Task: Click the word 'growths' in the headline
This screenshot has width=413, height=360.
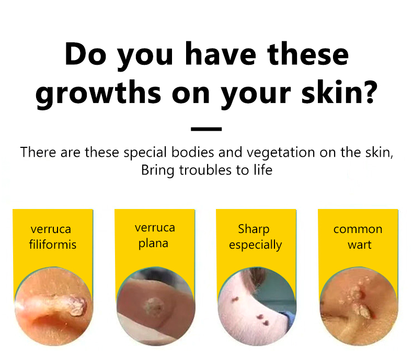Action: (98, 94)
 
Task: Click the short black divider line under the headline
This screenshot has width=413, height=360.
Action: (206, 129)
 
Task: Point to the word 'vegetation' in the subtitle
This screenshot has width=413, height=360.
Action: (281, 153)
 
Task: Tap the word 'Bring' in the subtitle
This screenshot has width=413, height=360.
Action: (157, 170)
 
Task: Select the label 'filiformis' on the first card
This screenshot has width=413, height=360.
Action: (53, 244)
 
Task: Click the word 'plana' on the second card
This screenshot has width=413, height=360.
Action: (153, 243)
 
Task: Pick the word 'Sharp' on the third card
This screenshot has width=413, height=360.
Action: (254, 229)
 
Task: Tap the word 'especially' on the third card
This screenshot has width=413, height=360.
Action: (255, 245)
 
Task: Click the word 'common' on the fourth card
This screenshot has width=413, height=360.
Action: (358, 229)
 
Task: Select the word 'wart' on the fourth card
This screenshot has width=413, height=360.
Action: (359, 245)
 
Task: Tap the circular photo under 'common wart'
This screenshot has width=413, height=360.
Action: (359, 306)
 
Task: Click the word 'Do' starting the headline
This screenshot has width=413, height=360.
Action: (86, 53)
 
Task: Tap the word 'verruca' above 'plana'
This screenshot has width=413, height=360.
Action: (155, 228)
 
